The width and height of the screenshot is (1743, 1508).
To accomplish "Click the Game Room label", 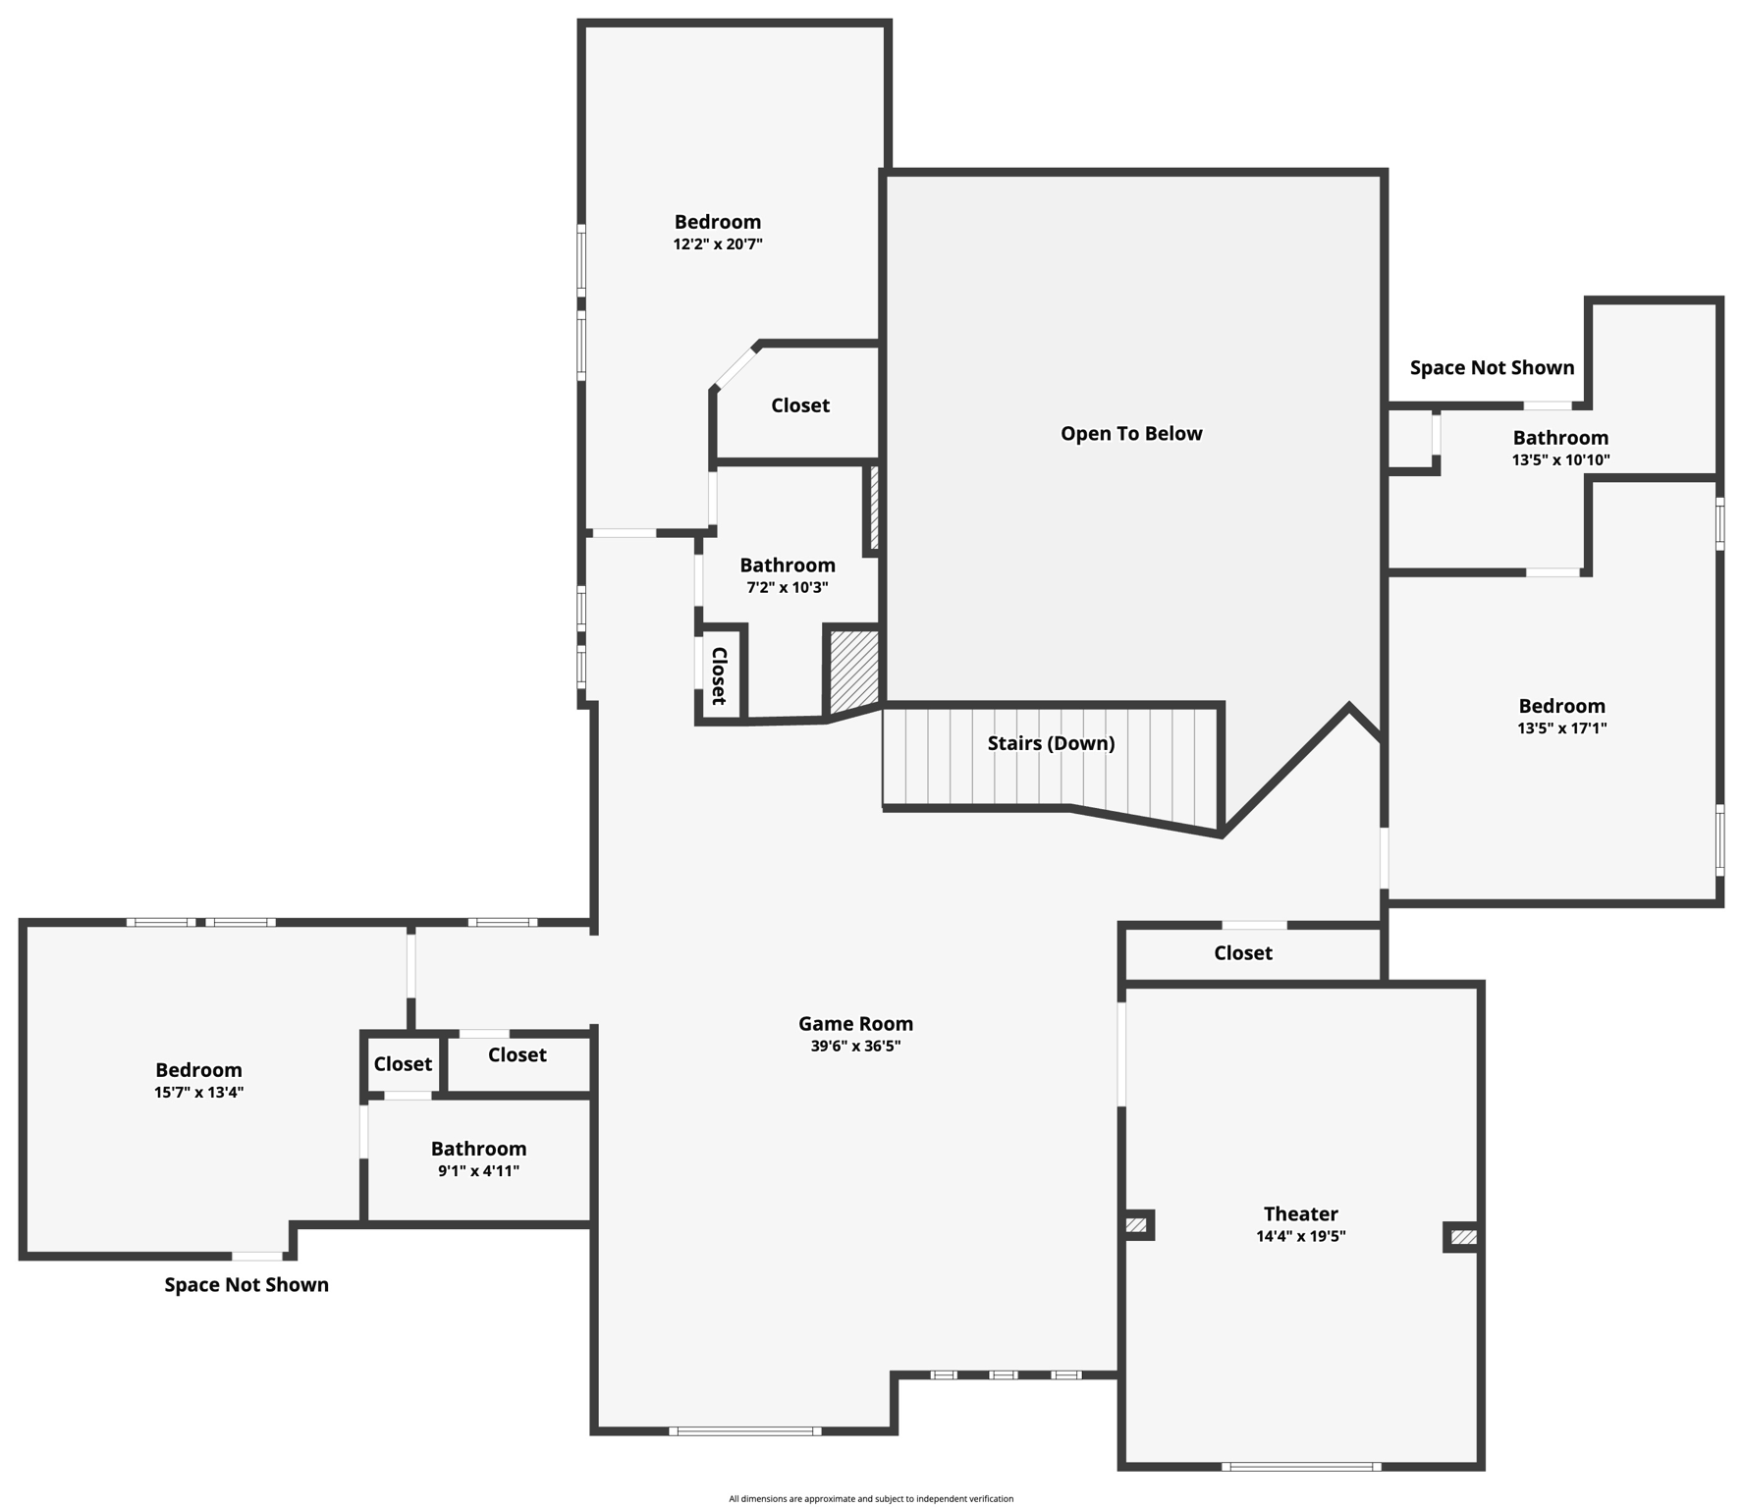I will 855,1024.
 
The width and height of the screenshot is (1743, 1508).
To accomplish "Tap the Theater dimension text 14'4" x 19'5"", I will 1300,1236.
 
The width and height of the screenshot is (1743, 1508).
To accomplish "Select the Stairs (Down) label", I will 1051,743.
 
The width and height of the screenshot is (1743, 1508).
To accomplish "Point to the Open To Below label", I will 1131,434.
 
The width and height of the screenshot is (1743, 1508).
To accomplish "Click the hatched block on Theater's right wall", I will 1462,1237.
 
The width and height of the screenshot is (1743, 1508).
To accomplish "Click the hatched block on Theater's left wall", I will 1136,1224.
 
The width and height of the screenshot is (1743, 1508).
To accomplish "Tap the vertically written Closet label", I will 719,675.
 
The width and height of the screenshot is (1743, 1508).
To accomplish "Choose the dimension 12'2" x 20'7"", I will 718,244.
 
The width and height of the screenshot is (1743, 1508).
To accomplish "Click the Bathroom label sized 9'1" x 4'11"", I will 478,1149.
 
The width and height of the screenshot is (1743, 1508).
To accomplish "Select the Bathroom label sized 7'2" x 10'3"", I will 788,565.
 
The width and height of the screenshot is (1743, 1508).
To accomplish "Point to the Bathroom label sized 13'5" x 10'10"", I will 1560,438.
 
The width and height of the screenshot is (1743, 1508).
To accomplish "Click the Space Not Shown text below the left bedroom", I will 246,1285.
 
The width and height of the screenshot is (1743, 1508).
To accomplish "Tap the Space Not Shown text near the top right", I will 1492,368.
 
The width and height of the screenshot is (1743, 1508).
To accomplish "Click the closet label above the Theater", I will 1242,953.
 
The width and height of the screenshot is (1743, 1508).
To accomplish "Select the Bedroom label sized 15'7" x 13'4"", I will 198,1070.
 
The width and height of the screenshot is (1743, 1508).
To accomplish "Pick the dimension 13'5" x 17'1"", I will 1561,728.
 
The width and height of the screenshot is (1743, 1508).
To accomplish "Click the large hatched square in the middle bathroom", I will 854,671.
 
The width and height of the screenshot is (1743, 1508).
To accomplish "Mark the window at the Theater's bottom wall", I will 1301,1467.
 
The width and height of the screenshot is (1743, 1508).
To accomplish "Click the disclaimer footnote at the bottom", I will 871,1499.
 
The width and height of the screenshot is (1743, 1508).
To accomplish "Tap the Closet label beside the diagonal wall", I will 799,405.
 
